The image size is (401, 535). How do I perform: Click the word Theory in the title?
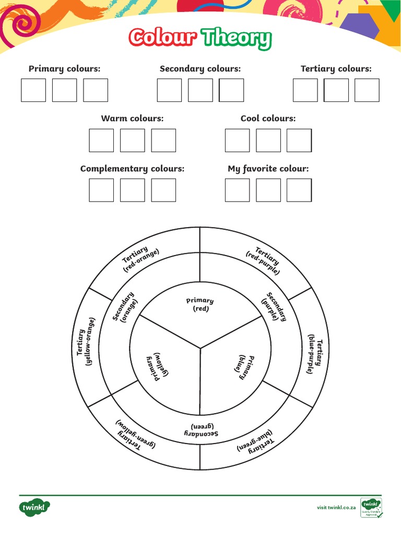(237, 38)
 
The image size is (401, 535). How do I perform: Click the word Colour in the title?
(163, 38)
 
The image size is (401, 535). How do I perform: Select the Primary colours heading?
(64, 68)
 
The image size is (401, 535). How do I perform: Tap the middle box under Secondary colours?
(200, 90)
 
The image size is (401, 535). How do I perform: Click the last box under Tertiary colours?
(367, 90)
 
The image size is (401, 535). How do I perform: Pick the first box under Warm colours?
(101, 141)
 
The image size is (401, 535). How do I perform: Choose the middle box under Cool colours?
(268, 141)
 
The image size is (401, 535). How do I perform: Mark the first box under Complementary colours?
(101, 190)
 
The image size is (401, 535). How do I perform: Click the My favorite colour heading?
(268, 169)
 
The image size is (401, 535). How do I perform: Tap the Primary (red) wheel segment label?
(200, 305)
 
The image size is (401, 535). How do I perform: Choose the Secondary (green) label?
(200, 430)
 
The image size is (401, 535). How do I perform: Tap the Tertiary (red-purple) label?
(265, 260)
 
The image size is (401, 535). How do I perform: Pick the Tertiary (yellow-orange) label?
(86, 342)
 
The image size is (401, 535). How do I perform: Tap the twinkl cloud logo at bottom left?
(35, 507)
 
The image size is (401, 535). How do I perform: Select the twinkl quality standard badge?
(371, 507)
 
